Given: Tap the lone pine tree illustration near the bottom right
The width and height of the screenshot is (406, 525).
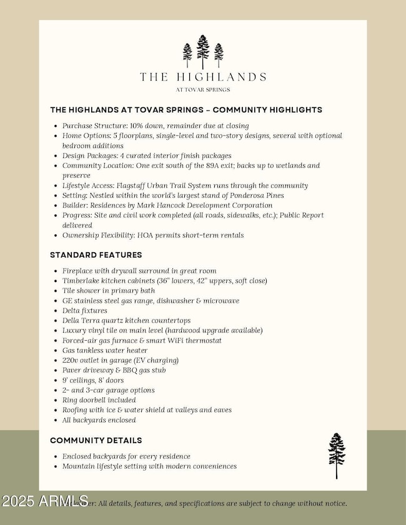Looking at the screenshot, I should pyautogui.click(x=337, y=455).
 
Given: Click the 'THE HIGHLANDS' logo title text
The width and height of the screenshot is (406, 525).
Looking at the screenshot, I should pyautogui.click(x=203, y=77).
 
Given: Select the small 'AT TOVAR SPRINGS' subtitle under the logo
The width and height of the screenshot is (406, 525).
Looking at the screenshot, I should pyautogui.click(x=203, y=90).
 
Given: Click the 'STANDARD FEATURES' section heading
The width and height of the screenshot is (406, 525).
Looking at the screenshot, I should pyautogui.click(x=96, y=255).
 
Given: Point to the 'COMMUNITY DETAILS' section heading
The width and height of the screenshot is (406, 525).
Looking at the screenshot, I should pyautogui.click(x=96, y=440).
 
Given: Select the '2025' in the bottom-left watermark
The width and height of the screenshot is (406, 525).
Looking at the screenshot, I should pyautogui.click(x=18, y=501).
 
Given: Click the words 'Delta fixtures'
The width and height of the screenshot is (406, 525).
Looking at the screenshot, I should pyautogui.click(x=85, y=310).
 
